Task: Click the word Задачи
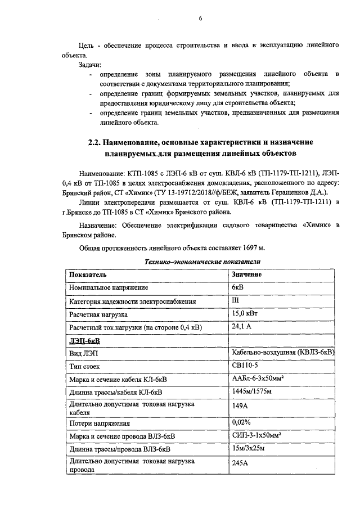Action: [90, 65]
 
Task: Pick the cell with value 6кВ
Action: [238, 287]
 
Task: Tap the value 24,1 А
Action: [242, 327]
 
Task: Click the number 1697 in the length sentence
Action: [245, 247]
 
